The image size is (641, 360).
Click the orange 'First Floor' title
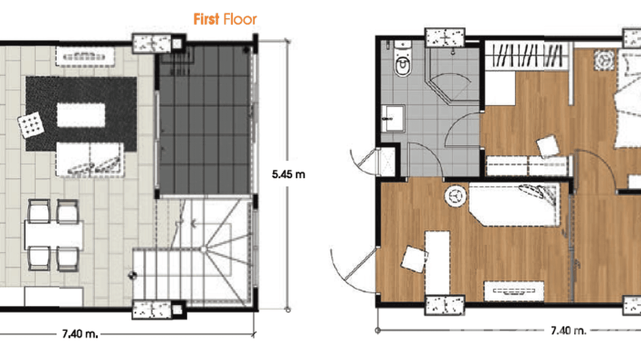(225, 19)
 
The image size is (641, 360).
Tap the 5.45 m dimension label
(288, 174)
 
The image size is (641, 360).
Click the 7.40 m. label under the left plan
(80, 334)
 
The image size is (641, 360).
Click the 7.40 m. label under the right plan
(568, 330)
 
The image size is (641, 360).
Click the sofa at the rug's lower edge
(89, 159)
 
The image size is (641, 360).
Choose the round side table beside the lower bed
(455, 197)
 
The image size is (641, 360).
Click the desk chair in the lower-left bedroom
(413, 259)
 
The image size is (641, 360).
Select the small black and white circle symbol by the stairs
(132, 275)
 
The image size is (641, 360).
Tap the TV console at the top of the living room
(85, 56)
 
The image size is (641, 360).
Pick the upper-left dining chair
(39, 211)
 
